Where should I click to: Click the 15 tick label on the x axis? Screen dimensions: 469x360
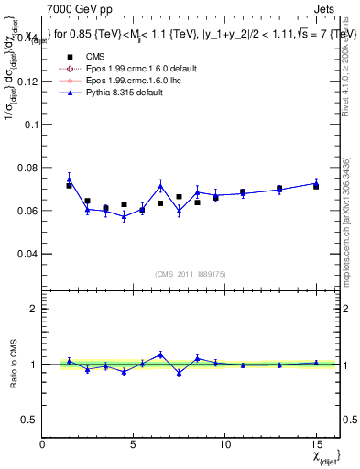[316, 444]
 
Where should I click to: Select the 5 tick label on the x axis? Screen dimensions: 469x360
[134, 444]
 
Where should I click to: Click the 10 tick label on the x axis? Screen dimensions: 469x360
[224, 444]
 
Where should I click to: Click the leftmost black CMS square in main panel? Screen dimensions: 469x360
[69, 186]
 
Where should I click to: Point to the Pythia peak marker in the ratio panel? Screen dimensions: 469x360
[160, 354]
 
